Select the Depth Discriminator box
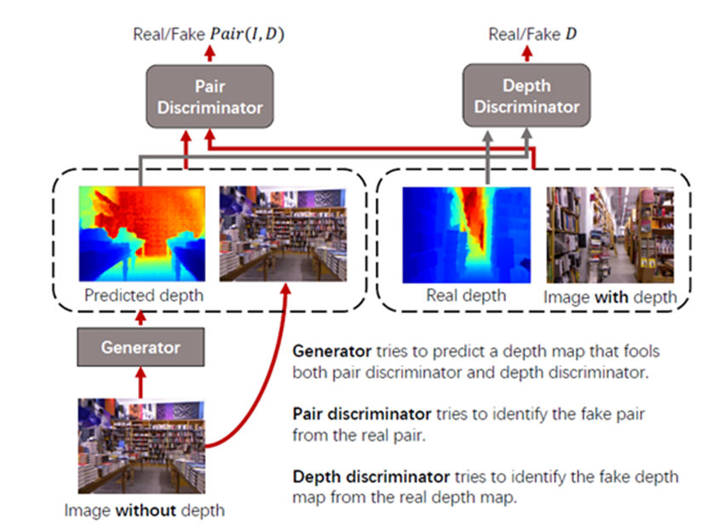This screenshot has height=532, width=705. [527, 97]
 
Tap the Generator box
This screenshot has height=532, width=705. [140, 347]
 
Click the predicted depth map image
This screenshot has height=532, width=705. [141, 234]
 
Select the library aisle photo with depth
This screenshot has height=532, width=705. [610, 235]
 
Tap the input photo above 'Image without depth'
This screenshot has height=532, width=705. [140, 445]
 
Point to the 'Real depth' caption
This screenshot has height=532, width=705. [466, 295]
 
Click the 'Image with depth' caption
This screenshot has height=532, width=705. [610, 297]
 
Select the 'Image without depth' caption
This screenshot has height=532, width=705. [144, 511]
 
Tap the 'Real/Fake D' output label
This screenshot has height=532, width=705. [527, 35]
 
